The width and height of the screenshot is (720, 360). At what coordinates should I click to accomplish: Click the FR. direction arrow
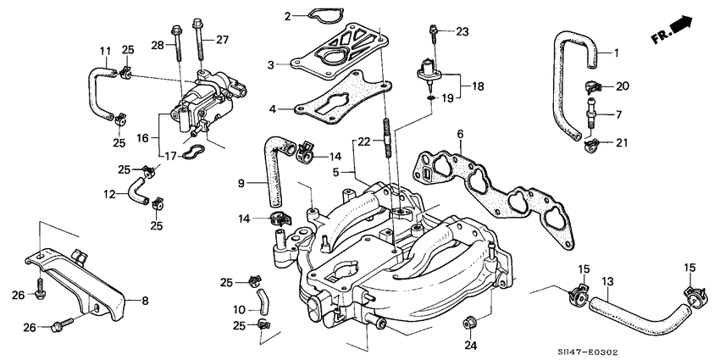click(678, 29)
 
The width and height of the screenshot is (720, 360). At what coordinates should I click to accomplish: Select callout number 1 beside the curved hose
click(617, 53)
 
